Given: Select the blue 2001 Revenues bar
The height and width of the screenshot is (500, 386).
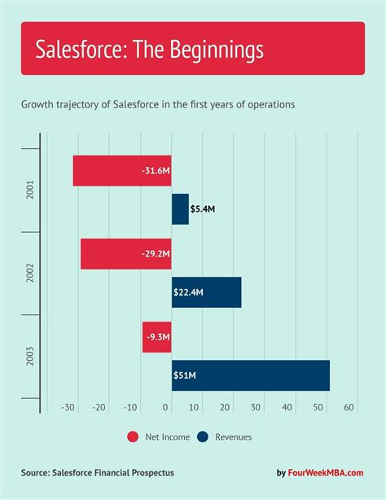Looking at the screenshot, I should coord(180,209).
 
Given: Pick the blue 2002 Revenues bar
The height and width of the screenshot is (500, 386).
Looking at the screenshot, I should coord(207,292).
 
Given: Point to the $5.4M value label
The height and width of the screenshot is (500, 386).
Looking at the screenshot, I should coord(203,209).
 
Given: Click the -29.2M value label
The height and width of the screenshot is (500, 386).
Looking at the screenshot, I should coord(153,253).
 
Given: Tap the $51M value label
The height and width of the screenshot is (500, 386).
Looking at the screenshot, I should coord(183,375).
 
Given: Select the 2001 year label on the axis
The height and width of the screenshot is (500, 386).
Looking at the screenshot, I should coord(29,190).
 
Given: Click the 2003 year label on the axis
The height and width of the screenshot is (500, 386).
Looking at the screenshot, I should coord(29,356).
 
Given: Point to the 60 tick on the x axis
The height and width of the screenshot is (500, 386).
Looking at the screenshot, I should coord(349,408).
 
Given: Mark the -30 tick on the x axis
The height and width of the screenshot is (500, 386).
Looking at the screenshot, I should coord(69,408).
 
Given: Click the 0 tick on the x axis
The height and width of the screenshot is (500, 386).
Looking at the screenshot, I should coord(167,408).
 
